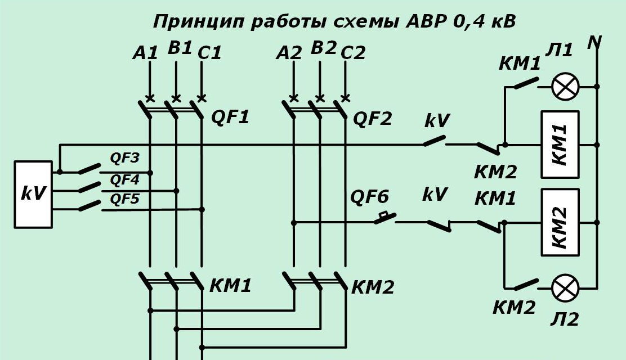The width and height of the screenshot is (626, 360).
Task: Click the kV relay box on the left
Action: coord(33,194)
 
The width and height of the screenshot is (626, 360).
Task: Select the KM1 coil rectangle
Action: coord(560,145)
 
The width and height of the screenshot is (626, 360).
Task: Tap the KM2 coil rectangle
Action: coord(560,222)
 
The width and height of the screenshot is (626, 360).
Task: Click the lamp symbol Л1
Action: coord(565,87)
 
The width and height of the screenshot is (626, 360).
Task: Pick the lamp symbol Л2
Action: coord(565,289)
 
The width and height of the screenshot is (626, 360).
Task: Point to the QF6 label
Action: coord(369,197)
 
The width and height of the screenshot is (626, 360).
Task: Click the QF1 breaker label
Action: coord(230,118)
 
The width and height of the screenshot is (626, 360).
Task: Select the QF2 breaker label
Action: coord(372,119)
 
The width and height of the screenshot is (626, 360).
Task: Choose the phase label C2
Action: coord(353,52)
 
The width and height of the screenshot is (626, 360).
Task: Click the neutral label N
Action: coord(594,42)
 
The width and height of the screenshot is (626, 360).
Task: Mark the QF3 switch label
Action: coord(124,158)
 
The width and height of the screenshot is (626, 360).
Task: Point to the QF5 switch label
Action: coord(124,199)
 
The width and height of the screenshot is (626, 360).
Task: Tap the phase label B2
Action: coord(323,48)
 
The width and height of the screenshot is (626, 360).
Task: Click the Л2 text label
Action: coord(565,319)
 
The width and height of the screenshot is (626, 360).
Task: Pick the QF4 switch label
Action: coord(124,180)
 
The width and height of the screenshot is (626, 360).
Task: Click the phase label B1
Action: coord(180,48)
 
